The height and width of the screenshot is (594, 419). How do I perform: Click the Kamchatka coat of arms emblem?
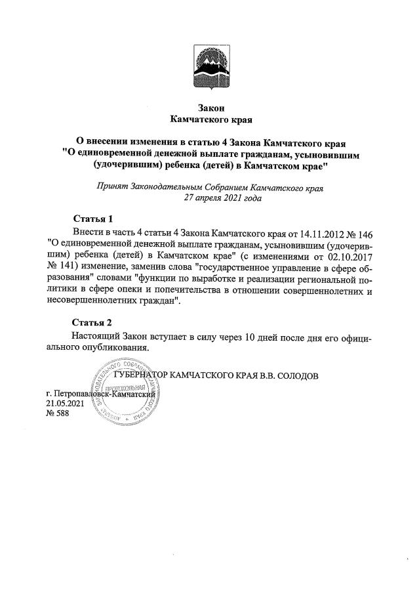click(210, 67)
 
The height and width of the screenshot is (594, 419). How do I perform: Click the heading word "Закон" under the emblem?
click(210, 107)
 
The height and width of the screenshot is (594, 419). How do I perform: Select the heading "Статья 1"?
click(92, 219)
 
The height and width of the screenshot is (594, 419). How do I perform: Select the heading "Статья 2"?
click(92, 323)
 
